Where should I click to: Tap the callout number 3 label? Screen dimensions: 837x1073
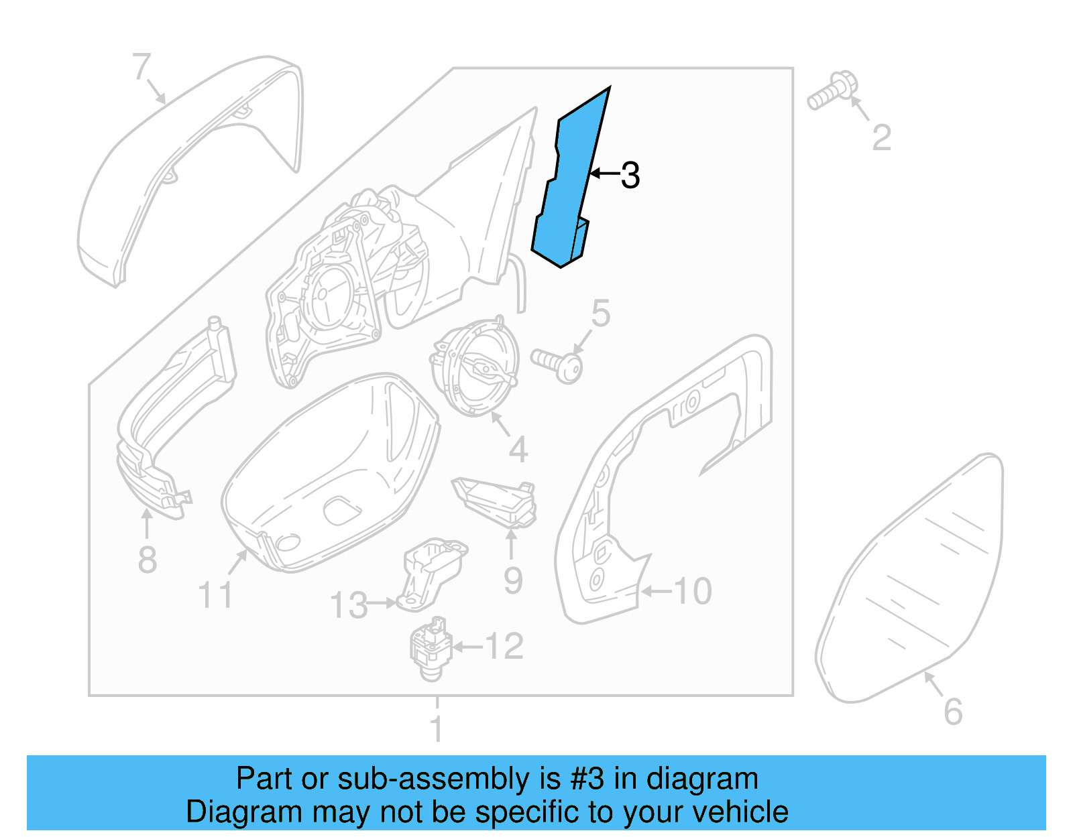[x=630, y=176]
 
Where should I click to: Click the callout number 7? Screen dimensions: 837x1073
[x=142, y=67]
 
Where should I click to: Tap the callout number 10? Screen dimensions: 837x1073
[x=692, y=591]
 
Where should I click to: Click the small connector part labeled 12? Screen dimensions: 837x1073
[x=429, y=647]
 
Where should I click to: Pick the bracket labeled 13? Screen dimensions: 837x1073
[x=429, y=573]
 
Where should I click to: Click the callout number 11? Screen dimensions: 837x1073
[x=216, y=595]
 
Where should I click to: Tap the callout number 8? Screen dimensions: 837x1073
[x=148, y=560]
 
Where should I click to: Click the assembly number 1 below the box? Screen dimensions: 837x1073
[x=437, y=728]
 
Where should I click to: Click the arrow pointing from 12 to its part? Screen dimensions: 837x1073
[x=467, y=647]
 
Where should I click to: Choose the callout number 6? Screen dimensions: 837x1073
[x=953, y=712]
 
